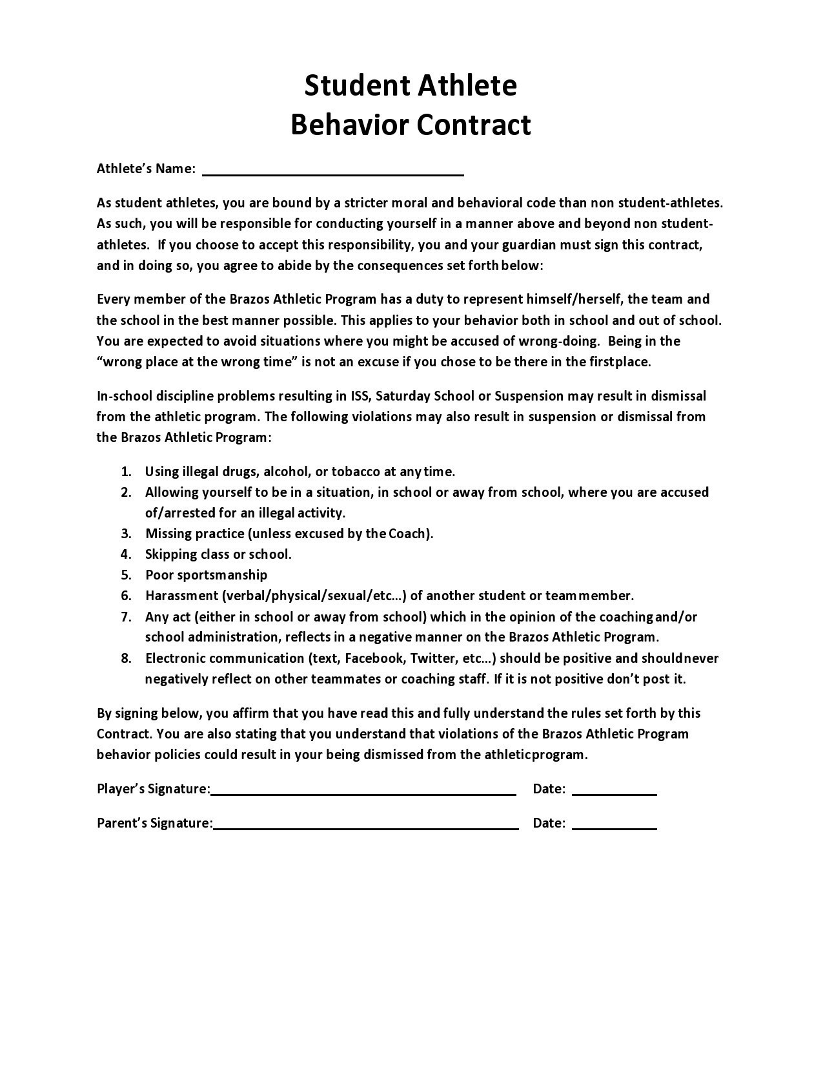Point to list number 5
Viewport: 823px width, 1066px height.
[126, 575]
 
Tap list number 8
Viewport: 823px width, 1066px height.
[126, 658]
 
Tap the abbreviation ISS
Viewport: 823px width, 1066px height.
[360, 396]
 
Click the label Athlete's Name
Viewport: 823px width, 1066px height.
[146, 169]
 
